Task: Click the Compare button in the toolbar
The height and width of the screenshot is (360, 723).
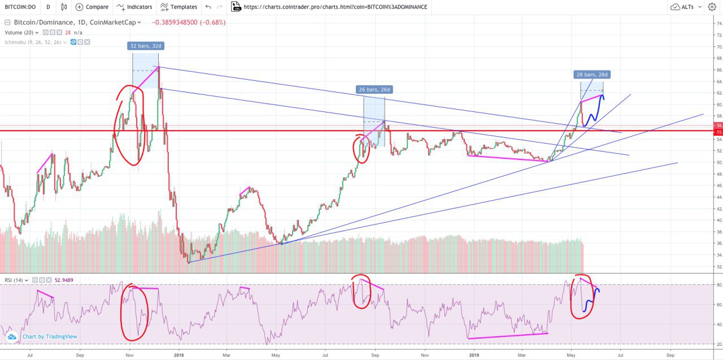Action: pyautogui.click(x=92, y=7)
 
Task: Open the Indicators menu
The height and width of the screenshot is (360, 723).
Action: pyautogui.click(x=134, y=7)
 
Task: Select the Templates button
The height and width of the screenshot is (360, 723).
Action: pyautogui.click(x=178, y=7)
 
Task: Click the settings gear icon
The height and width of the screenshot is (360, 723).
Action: pyautogui.click(x=711, y=7)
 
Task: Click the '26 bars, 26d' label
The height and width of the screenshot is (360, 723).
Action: pyautogui.click(x=374, y=89)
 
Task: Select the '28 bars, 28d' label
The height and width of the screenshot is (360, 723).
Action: pyautogui.click(x=593, y=75)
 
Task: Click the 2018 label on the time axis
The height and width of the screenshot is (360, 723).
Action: pyautogui.click(x=179, y=355)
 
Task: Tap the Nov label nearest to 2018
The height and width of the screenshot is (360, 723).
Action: pyautogui.click(x=129, y=355)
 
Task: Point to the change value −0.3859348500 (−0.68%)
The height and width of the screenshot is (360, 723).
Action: pyautogui.click(x=189, y=23)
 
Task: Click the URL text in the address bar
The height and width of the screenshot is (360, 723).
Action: pyautogui.click(x=336, y=7)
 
